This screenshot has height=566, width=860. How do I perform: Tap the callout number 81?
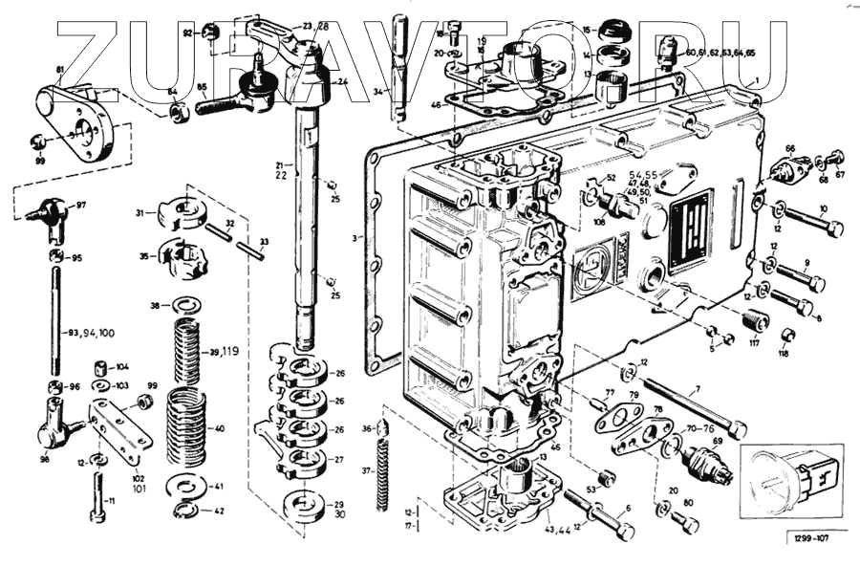click(60, 71)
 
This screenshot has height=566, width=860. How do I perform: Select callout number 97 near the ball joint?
click(81, 205)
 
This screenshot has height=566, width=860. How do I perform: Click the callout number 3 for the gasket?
click(355, 237)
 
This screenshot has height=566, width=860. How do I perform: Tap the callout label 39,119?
click(225, 352)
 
